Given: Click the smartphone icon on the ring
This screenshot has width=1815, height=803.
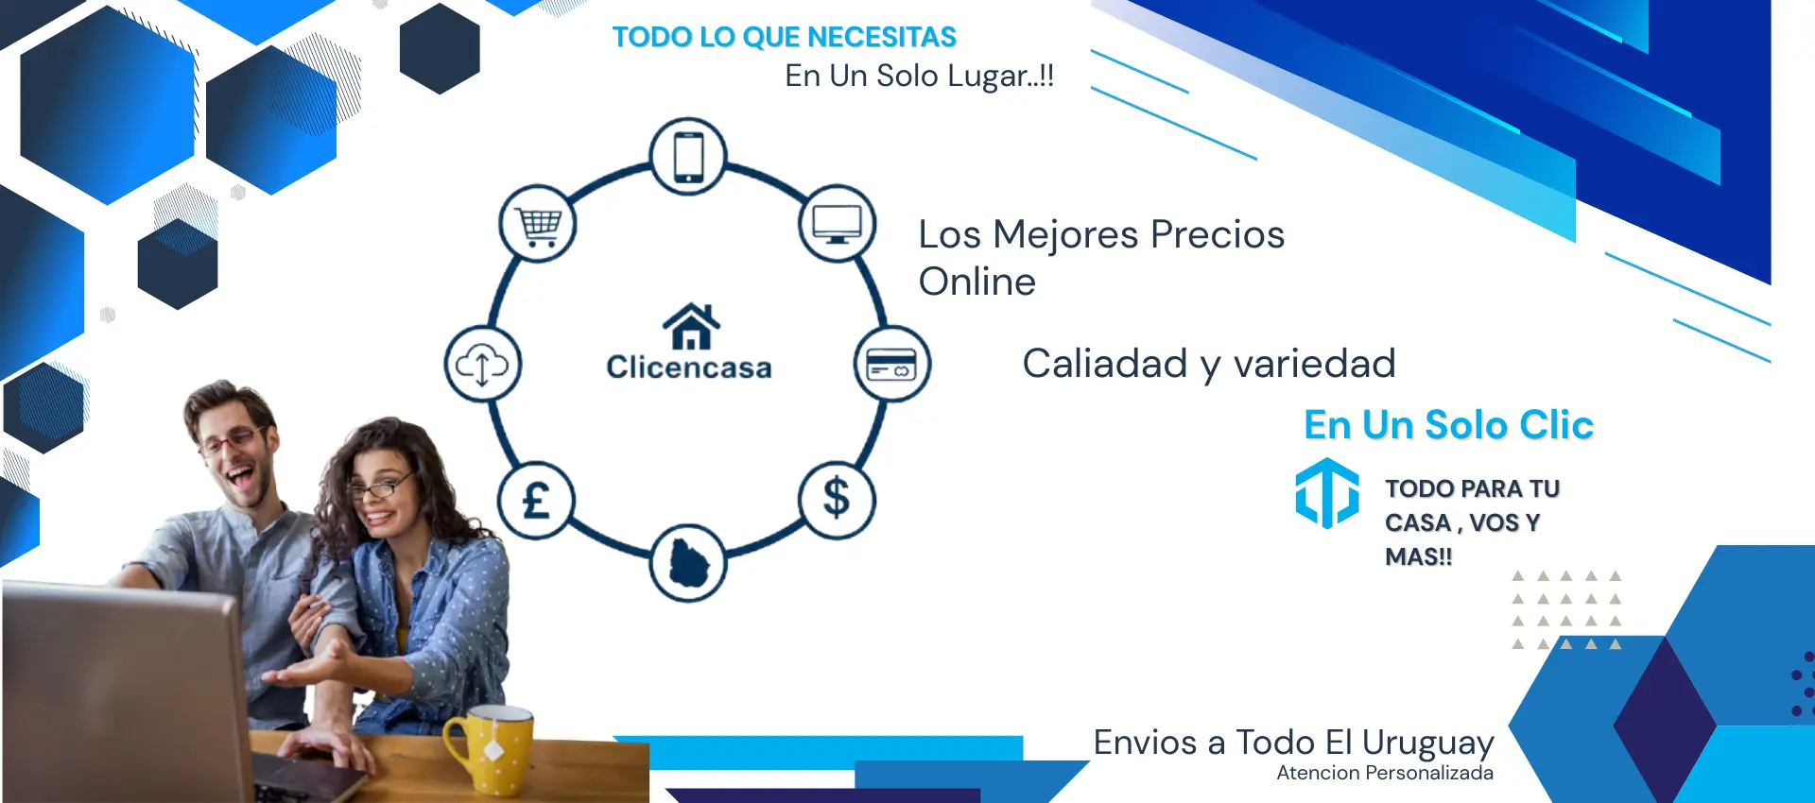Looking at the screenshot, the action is tap(689, 156).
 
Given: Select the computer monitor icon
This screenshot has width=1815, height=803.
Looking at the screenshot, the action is tap(838, 224).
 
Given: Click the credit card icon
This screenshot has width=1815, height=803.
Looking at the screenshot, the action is tap(891, 364).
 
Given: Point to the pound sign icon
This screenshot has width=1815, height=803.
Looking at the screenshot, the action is tap(536, 500).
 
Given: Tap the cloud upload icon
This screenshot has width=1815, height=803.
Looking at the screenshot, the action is tap(482, 364).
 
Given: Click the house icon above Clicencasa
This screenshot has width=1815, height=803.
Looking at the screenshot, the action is tap(691, 326).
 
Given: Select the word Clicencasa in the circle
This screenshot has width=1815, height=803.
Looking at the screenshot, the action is tap(689, 367).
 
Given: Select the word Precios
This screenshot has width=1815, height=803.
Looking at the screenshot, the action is tap(1218, 234).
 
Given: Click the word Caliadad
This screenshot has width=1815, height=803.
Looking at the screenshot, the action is tap(1105, 364).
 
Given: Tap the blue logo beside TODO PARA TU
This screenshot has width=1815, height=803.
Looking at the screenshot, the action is tap(1327, 493).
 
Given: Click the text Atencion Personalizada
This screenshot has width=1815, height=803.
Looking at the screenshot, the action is tap(1385, 773).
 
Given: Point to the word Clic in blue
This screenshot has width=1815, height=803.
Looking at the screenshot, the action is tap(1556, 425).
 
